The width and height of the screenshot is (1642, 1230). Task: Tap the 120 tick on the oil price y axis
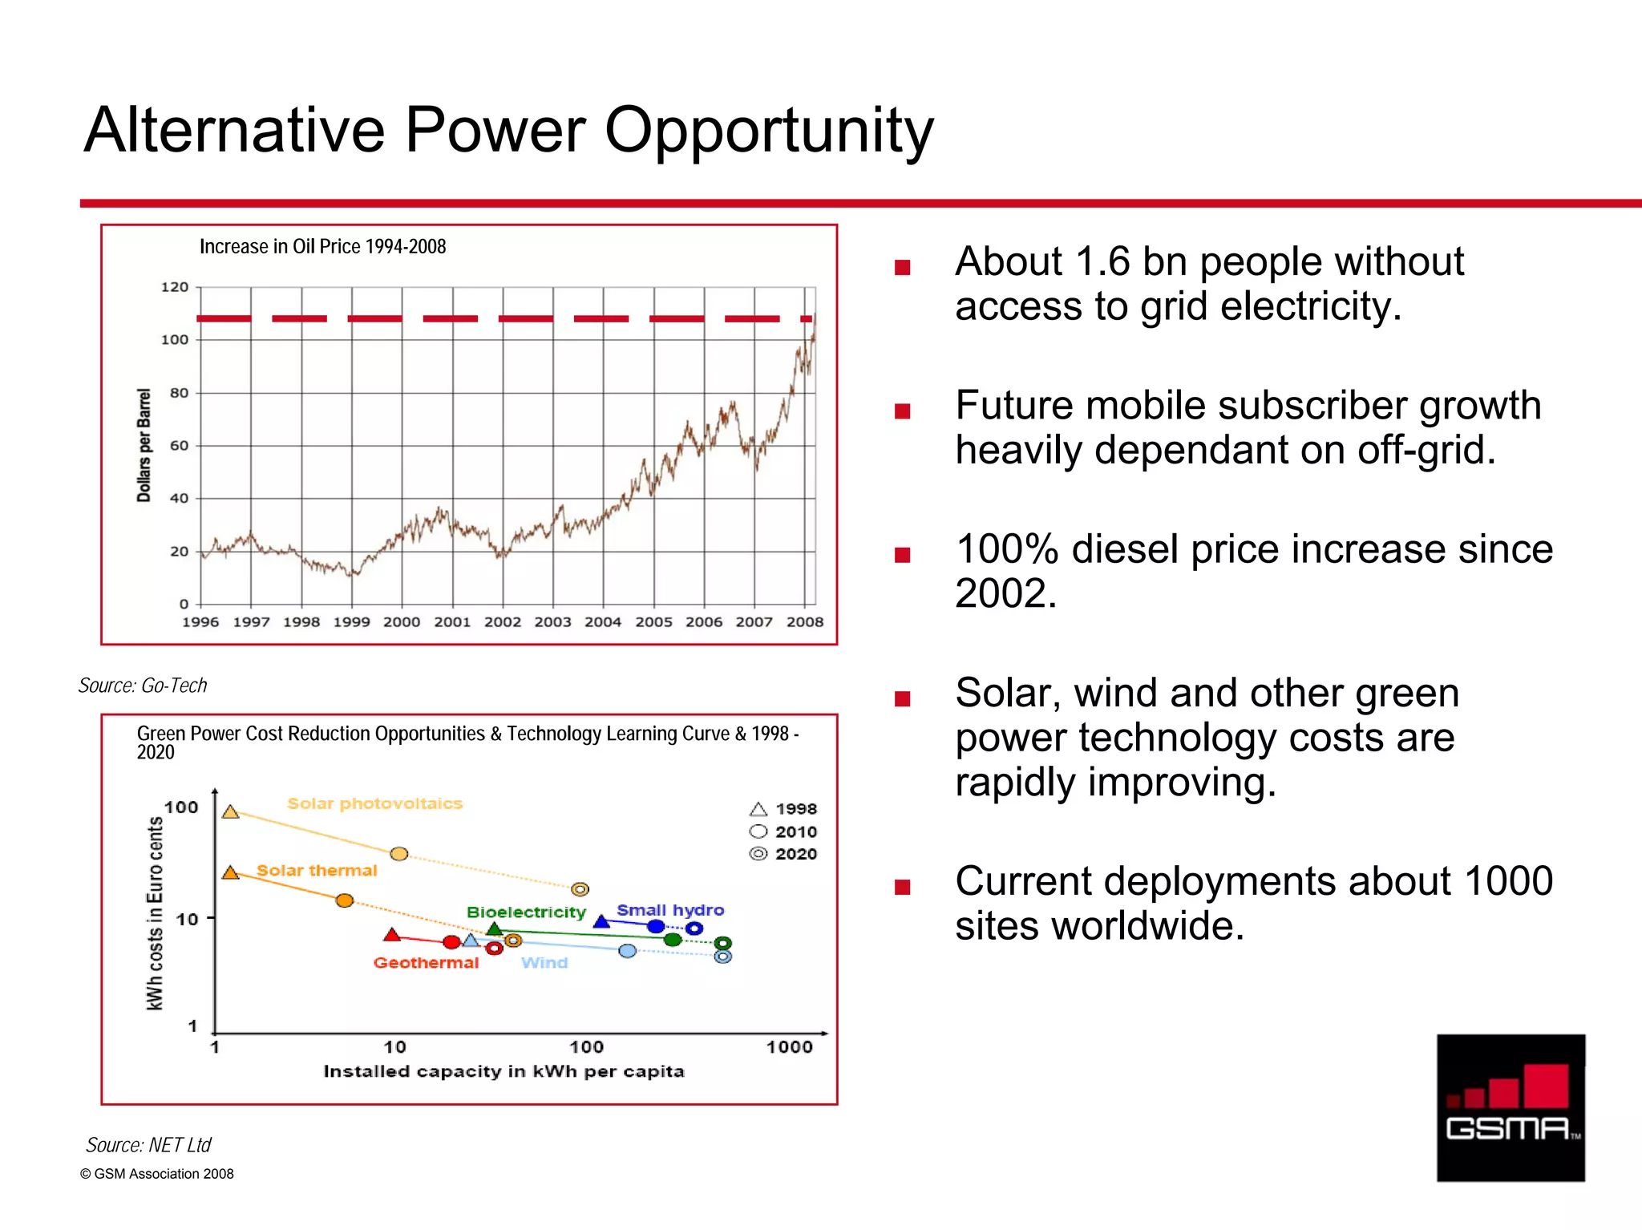[x=175, y=287]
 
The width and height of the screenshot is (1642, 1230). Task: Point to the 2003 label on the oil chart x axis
[x=552, y=622]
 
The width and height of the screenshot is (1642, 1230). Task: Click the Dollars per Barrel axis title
[x=144, y=445]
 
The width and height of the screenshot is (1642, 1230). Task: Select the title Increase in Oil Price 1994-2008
[x=322, y=247]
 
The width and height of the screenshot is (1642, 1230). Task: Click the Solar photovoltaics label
[x=374, y=803]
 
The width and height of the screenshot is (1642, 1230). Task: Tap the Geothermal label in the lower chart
[x=426, y=963]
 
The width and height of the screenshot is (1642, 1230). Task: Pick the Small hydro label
[x=670, y=910]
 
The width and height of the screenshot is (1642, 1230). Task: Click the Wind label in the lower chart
[x=544, y=963]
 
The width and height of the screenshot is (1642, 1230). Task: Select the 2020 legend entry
[x=783, y=854]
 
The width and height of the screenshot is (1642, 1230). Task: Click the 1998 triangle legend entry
[x=783, y=809]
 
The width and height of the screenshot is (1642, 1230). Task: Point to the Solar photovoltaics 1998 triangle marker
[x=231, y=813]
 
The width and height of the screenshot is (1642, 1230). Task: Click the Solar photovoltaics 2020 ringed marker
[x=580, y=889]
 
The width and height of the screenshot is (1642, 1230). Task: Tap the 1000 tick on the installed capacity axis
[x=789, y=1047]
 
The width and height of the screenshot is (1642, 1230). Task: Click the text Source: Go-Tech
[x=143, y=686]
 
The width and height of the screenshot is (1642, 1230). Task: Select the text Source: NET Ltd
[x=148, y=1145]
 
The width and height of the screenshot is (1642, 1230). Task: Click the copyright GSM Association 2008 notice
[x=157, y=1174]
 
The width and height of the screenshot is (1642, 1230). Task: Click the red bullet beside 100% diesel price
[x=903, y=555]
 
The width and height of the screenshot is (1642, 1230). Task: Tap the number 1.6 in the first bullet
[x=1102, y=262]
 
